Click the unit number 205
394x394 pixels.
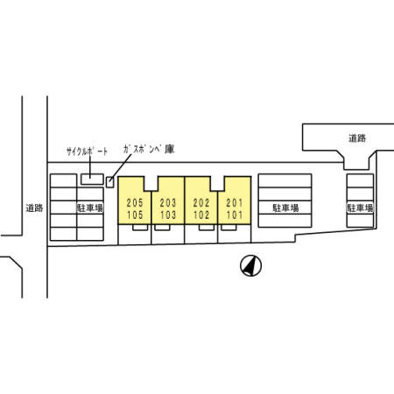click(135, 202)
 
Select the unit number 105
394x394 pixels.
click(135, 215)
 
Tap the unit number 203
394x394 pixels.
click(168, 202)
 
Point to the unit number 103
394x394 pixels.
click(168, 215)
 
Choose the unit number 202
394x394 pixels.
click(201, 202)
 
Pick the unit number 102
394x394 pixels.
click(201, 215)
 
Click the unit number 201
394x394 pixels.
click(235, 202)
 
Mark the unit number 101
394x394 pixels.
click(235, 215)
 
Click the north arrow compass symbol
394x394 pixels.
click(250, 265)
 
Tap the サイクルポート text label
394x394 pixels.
click(87, 151)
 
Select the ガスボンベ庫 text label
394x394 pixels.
click(149, 150)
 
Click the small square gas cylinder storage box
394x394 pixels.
click(109, 182)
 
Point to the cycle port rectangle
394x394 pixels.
click(92, 179)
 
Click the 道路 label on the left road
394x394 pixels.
click(34, 208)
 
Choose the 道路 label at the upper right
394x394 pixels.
click(357, 138)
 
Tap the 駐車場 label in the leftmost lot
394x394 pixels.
click(89, 208)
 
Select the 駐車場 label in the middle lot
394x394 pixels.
click(285, 208)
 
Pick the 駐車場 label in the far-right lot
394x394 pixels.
click(360, 208)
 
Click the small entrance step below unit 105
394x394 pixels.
click(140, 228)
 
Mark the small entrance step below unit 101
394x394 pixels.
click(229, 228)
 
